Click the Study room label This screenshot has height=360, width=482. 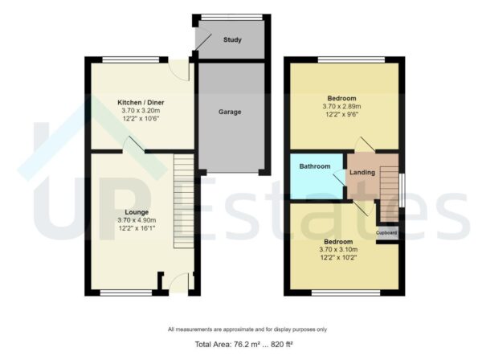(233, 39)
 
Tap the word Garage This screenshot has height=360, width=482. (231, 112)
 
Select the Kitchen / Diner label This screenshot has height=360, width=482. (140, 103)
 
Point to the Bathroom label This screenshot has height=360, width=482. (315, 166)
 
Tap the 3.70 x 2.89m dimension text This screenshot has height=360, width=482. (342, 106)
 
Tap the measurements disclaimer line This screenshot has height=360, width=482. (247, 329)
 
